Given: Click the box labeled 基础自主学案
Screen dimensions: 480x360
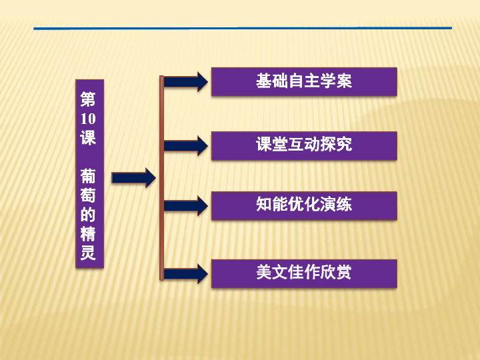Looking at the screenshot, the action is [304, 82].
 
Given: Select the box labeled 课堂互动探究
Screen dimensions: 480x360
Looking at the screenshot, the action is [304, 146].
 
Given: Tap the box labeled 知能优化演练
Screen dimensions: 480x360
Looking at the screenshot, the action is [304, 206].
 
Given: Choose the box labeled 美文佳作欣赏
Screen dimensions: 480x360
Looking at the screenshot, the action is [304, 274].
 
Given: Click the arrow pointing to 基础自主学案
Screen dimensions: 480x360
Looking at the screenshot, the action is [186, 82].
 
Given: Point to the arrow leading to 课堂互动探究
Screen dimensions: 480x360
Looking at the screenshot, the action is [186, 146].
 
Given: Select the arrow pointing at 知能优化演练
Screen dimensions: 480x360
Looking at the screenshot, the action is [186, 206].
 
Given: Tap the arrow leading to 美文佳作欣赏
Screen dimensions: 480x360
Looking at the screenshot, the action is [186, 274].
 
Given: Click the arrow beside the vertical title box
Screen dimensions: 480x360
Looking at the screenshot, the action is [134, 177].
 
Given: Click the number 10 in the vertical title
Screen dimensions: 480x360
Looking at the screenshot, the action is [88, 119].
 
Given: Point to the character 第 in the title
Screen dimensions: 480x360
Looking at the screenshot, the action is [88, 99].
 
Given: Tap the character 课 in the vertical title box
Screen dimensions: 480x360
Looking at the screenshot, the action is [88, 137].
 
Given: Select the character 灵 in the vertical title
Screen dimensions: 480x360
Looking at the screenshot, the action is [88, 253].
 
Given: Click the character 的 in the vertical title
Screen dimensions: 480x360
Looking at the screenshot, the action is [88, 214].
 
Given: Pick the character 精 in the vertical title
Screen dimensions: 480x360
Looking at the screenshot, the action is [88, 233].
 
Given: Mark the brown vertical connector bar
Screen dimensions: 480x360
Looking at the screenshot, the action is [161, 178].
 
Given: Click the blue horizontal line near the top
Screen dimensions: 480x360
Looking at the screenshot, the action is [243, 28].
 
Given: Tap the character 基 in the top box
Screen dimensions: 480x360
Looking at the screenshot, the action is [264, 81].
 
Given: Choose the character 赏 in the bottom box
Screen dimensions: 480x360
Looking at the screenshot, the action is [344, 272].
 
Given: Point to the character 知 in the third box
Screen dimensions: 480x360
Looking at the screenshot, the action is [264, 204].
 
